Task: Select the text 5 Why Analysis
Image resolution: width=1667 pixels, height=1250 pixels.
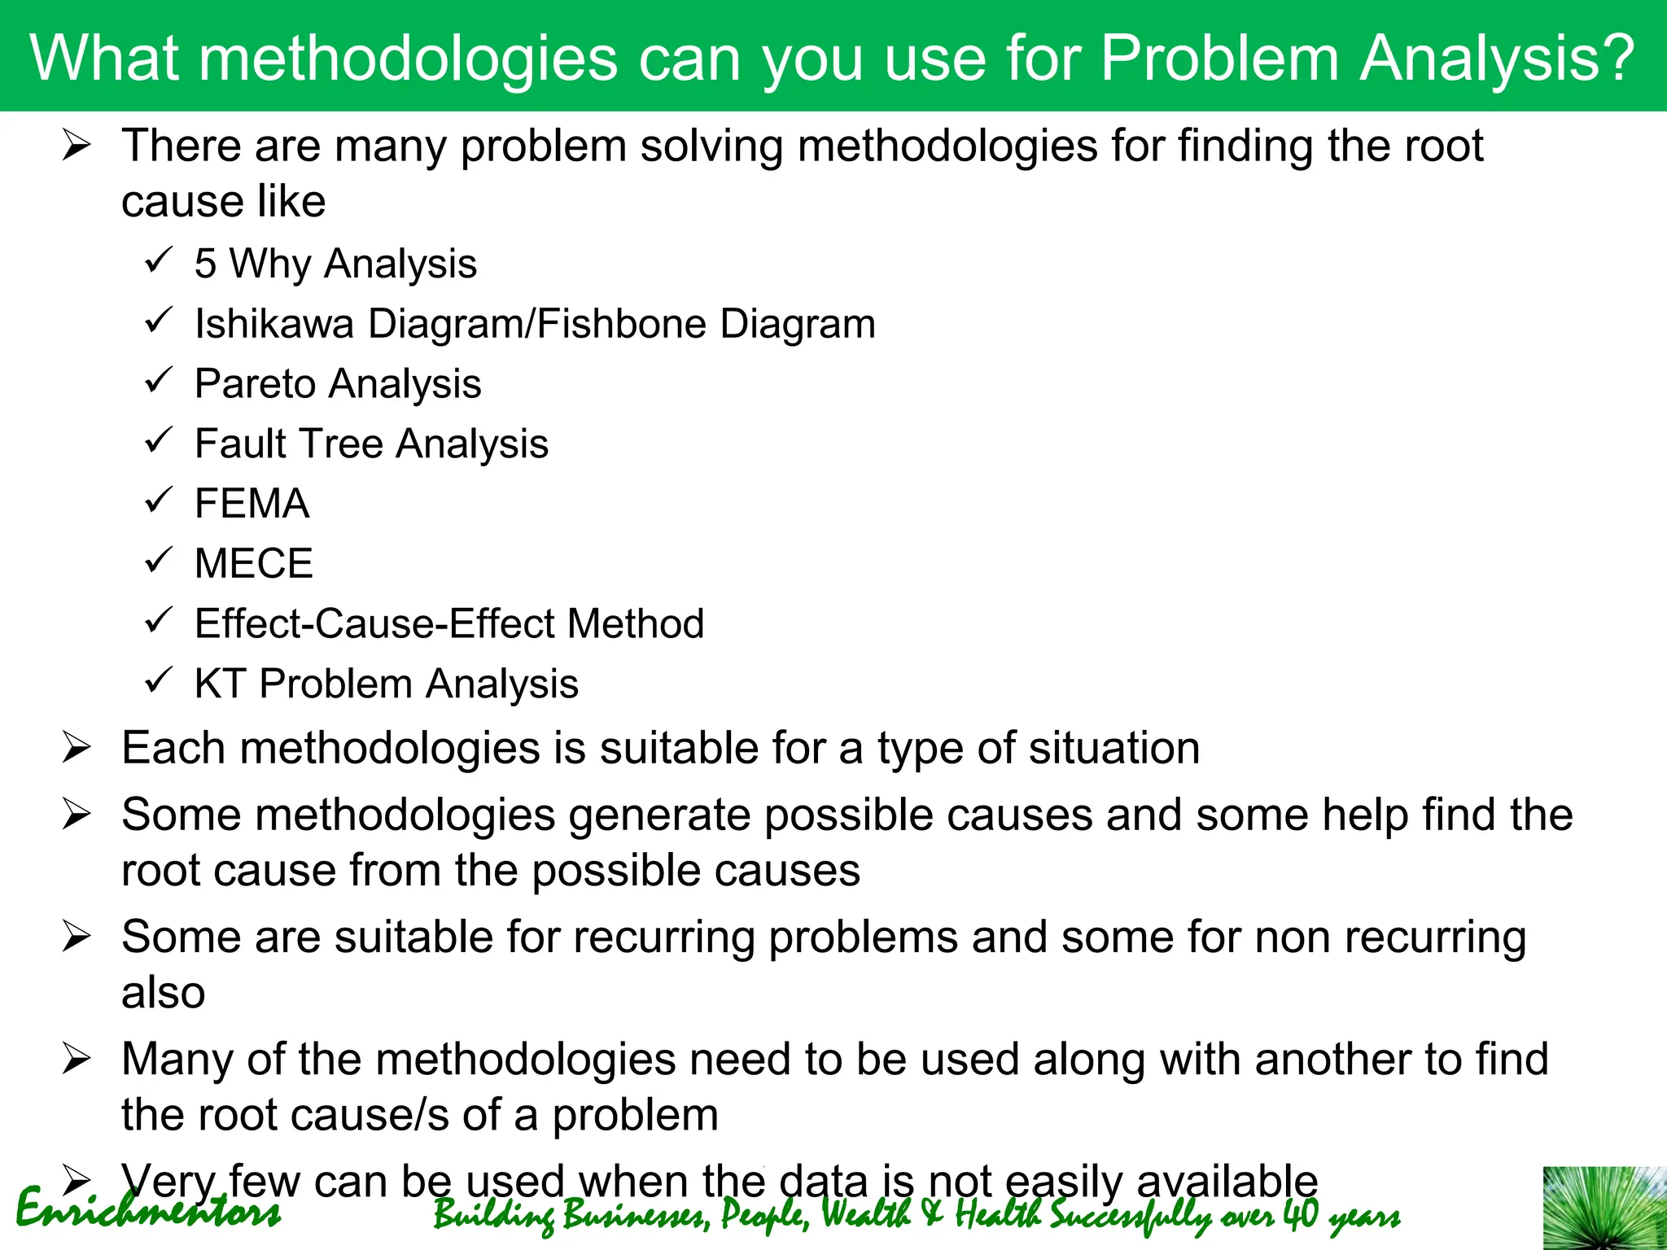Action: pos(335,264)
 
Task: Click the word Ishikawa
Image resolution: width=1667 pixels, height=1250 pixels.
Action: pos(273,324)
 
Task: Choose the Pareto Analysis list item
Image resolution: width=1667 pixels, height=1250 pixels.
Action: pos(337,384)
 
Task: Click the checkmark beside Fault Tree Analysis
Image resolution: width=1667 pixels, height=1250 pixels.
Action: pos(158,440)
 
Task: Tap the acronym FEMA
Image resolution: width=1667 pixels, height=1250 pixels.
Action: pos(252,504)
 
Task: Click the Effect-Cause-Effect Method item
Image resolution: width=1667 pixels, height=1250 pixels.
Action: pos(448,624)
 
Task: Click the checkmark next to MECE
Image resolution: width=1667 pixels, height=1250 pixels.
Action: pos(158,560)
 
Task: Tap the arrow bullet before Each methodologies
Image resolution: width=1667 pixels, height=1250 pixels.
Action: pos(76,748)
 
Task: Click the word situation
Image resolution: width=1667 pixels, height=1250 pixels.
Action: pos(1113,748)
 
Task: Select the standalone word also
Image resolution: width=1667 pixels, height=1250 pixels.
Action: pos(163,993)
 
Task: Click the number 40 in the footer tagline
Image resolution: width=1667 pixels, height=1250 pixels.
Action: pos(1300,1214)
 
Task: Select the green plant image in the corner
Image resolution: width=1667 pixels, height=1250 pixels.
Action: pos(1604,1208)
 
